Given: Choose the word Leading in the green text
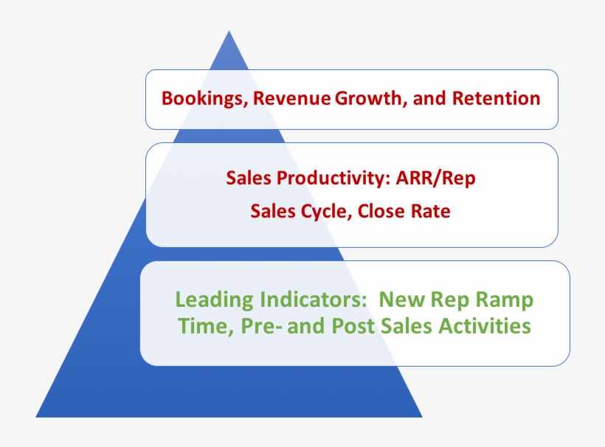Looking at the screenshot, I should point(214,300).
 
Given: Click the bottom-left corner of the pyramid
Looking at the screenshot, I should point(36,417).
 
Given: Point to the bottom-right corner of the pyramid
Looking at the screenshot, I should point(422,417).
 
